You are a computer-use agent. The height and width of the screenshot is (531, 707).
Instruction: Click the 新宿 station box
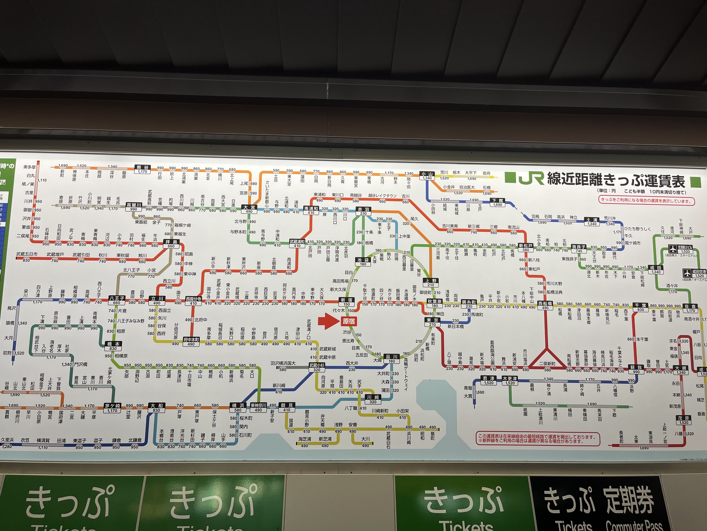click(x=346, y=302)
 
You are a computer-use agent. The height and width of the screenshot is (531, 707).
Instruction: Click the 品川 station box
click(x=392, y=359)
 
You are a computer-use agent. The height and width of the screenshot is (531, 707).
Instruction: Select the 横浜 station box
click(x=238, y=407)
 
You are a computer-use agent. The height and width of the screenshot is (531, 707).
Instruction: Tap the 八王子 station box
click(x=117, y=300)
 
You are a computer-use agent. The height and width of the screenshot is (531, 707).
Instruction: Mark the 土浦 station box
click(x=592, y=221)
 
